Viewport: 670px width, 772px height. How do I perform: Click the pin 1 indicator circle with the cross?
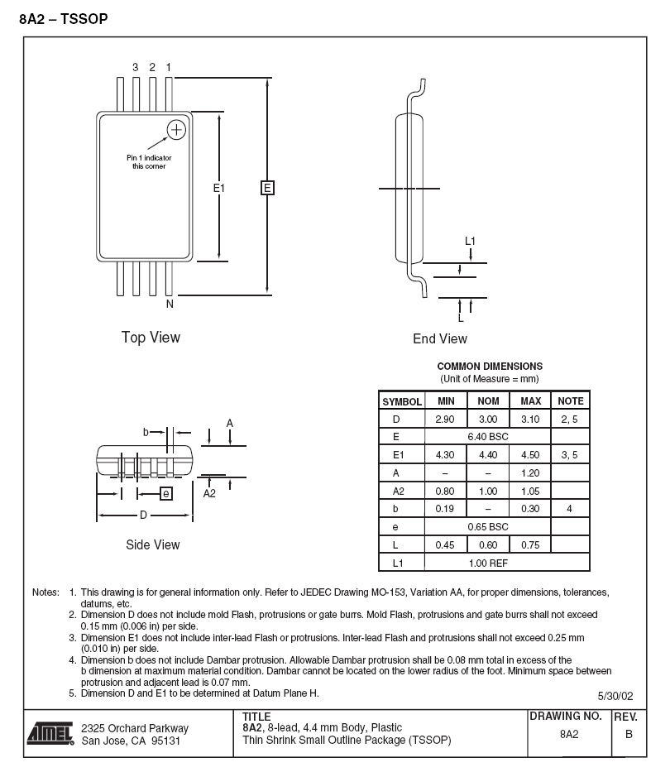pos(176,130)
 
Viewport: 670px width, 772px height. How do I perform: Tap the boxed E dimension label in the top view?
pos(267,188)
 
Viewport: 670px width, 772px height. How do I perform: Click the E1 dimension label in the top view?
pos(218,188)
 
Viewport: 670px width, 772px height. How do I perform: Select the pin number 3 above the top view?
pos(136,67)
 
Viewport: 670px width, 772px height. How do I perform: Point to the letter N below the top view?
pos(170,304)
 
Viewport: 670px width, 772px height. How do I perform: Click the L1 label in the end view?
pos(470,241)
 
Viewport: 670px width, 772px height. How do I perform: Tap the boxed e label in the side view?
pos(166,493)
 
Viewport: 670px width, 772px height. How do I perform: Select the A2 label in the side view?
pos(209,493)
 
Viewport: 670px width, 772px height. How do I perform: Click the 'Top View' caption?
pos(151,338)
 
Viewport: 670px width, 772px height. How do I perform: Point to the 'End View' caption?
pos(440,338)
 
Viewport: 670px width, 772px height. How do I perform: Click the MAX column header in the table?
pos(531,401)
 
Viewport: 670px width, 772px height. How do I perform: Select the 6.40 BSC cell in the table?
pos(488,437)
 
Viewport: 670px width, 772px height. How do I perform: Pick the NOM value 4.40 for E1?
pos(488,455)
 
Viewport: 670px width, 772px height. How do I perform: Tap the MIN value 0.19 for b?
pos(444,509)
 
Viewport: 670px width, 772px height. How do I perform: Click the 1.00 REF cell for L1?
pos(488,563)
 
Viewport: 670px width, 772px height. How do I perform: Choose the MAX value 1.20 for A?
pos(530,473)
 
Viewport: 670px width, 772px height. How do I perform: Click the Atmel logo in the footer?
pos(50,734)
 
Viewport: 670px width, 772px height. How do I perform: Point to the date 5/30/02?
pos(615,696)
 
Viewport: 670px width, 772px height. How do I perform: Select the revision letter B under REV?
pos(629,734)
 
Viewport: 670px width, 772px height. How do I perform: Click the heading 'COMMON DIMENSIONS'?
pos(490,367)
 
